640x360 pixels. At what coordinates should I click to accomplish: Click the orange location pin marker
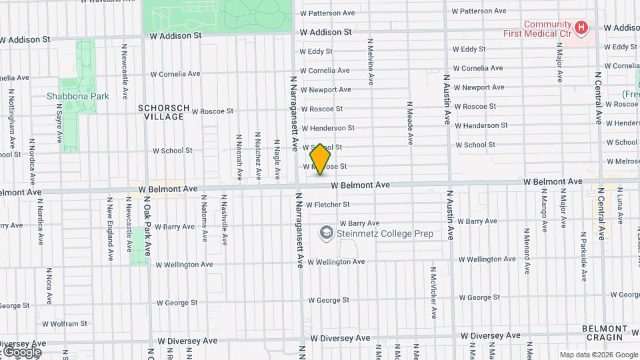[321, 159]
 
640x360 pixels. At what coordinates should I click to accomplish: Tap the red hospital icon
[581, 28]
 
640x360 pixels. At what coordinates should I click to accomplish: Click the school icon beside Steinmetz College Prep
[326, 233]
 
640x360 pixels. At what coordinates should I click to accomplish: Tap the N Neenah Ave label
[239, 157]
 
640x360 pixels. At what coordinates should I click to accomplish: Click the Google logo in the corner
[21, 351]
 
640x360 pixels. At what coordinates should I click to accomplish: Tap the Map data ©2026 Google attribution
[599, 355]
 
